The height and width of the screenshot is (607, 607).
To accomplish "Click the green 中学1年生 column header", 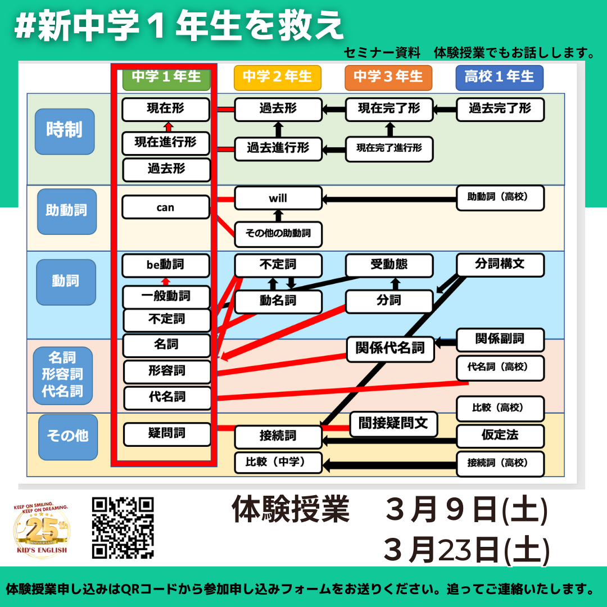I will [166, 77].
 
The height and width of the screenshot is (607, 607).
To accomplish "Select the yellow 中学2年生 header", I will [277, 77].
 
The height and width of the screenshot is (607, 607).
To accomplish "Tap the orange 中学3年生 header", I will [388, 77].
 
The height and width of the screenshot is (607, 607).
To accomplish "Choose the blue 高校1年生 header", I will [500, 77].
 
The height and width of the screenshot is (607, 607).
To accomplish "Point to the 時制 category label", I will [64, 131].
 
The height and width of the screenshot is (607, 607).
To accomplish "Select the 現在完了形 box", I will [389, 109].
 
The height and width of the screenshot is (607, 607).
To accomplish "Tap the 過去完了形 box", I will [500, 109].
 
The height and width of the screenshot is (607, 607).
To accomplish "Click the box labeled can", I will [166, 207].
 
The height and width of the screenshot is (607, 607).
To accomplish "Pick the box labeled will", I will [278, 198].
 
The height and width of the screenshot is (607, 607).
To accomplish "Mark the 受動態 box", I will [389, 265].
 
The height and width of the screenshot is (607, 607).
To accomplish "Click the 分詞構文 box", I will [500, 265].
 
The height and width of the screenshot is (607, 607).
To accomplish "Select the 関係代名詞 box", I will [391, 348].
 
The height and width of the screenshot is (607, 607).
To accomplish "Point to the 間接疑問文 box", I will [393, 424].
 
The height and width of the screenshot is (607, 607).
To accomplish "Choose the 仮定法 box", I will [500, 436].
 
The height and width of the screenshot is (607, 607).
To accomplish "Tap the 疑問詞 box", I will [167, 434].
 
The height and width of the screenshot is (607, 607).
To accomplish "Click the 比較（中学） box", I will [278, 463].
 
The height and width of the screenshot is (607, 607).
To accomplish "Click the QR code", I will [123, 528].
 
